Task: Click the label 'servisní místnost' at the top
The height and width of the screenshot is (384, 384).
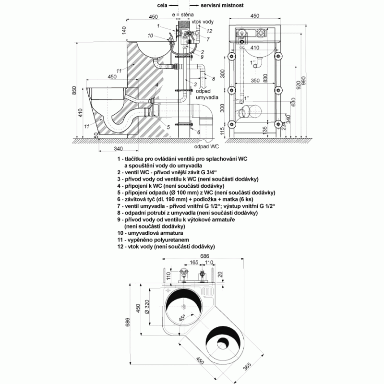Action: (x=222, y=5)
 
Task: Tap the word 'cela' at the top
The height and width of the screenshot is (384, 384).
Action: (x=162, y=5)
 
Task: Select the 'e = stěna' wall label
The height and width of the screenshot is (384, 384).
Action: (x=183, y=15)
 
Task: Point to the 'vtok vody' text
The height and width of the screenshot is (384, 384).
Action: (x=203, y=22)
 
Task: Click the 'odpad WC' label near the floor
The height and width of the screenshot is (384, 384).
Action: (x=206, y=146)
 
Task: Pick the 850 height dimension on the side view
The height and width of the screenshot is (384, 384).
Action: (x=74, y=90)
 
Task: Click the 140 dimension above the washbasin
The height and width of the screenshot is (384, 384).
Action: (x=124, y=30)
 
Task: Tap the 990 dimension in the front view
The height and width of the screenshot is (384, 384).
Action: (x=304, y=81)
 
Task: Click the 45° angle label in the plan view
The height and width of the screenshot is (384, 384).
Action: (x=182, y=318)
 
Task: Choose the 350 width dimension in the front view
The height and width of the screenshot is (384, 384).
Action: (x=255, y=80)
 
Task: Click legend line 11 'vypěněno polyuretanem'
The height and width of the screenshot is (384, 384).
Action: (x=153, y=240)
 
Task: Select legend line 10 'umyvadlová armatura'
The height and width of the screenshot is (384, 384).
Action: (x=150, y=233)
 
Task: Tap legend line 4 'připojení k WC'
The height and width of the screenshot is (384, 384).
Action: (x=171, y=186)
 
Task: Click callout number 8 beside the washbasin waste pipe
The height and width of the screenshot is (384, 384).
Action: (x=214, y=79)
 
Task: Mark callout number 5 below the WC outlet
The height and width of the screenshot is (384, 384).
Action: (x=168, y=127)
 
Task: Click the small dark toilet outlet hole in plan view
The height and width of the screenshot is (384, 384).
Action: (x=223, y=342)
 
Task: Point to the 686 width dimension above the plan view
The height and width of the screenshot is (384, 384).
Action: (x=205, y=256)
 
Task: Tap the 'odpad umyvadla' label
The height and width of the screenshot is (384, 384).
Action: (x=207, y=94)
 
